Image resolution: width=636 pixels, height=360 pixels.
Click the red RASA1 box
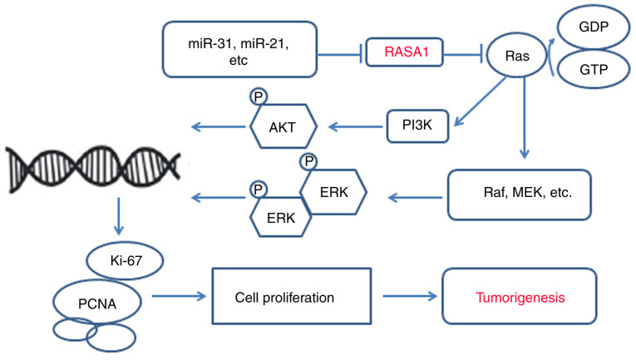pos(404,52)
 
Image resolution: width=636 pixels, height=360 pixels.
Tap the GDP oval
pos(594,27)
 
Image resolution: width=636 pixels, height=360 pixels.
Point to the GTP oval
pos(594,69)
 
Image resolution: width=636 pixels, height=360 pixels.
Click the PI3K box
pos(417,126)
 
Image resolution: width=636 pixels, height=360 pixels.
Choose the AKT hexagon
pos(283,126)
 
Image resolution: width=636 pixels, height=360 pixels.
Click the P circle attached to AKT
pos(259,96)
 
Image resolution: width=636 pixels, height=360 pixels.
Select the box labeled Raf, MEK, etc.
pos(519,195)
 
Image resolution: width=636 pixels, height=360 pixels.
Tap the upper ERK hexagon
pos(333,192)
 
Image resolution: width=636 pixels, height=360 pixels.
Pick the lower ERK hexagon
pos(280,217)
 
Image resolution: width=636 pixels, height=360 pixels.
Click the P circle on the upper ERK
pos(308,161)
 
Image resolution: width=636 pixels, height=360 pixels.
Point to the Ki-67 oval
pos(126,260)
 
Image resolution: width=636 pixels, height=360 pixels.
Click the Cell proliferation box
pos(292,296)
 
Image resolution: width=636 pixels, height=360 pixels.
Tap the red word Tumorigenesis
pos(520,298)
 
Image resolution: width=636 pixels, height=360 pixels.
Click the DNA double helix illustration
pos(92,169)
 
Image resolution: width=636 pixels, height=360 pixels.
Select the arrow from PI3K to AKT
pos(356,127)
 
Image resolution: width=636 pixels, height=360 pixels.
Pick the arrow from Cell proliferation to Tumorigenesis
pos(410,296)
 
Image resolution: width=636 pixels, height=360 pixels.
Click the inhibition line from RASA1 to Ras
pos(463,53)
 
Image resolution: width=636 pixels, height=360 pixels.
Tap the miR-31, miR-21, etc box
pos(239,49)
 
